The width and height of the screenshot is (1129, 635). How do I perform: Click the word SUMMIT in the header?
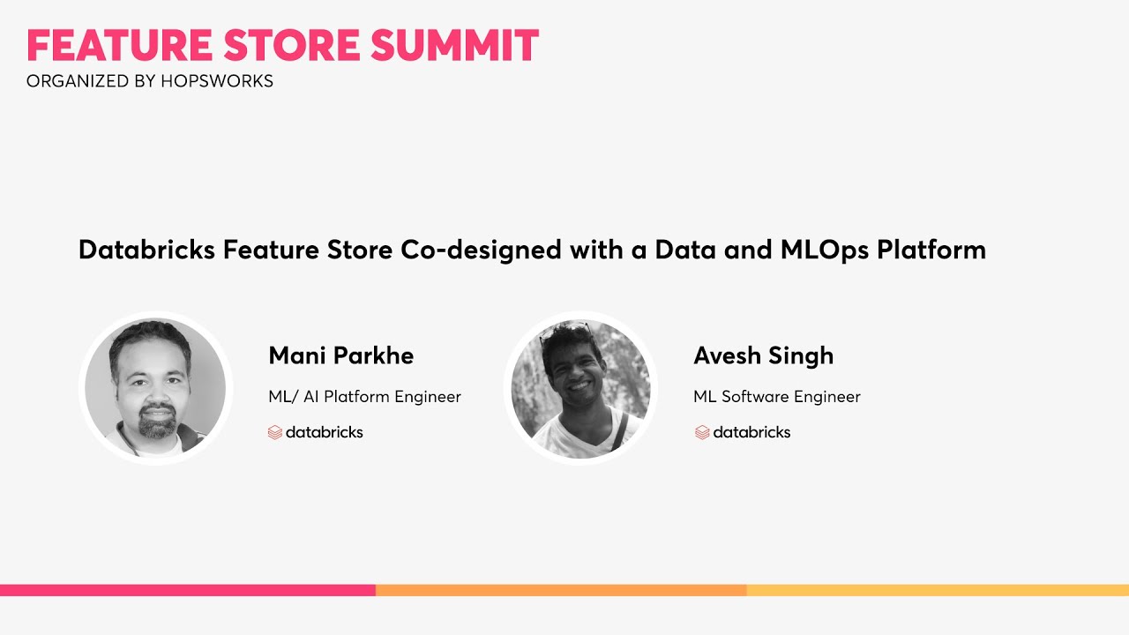click(x=454, y=46)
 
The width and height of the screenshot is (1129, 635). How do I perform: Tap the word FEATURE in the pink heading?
click(x=118, y=46)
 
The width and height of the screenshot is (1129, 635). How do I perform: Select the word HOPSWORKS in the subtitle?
click(x=217, y=81)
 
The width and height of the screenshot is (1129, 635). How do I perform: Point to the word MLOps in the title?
click(x=825, y=250)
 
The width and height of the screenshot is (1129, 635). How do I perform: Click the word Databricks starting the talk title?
click(x=146, y=250)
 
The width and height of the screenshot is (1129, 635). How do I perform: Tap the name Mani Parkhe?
click(x=340, y=355)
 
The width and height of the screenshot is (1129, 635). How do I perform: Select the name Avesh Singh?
click(x=763, y=355)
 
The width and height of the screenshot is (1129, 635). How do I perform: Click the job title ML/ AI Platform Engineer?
click(x=364, y=397)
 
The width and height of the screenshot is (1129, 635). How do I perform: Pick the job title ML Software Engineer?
click(x=776, y=397)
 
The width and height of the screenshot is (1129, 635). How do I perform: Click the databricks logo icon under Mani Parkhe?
click(x=275, y=432)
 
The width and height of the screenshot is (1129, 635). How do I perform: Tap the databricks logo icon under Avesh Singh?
click(x=702, y=432)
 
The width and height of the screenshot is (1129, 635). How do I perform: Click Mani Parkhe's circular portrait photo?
click(x=155, y=388)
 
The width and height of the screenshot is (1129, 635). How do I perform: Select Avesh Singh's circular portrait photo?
click(x=580, y=388)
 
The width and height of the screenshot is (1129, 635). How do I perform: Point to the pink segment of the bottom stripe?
click(x=187, y=590)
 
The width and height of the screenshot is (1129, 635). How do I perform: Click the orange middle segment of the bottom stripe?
click(x=561, y=590)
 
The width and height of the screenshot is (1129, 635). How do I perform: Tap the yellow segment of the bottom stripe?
click(x=937, y=590)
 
